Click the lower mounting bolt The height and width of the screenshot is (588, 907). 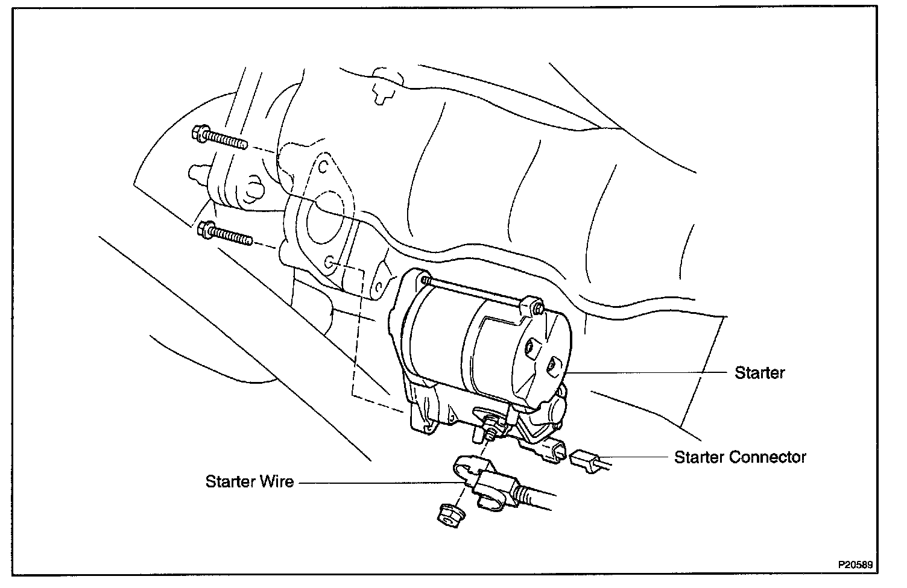[x=225, y=233]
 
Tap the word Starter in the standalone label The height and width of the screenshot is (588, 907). [x=759, y=372]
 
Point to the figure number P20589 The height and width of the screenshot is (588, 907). [x=854, y=566]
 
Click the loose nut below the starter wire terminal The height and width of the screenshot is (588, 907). [x=447, y=514]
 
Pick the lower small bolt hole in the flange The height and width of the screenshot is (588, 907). [x=329, y=262]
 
